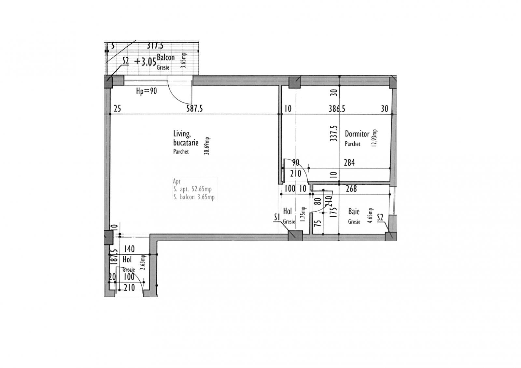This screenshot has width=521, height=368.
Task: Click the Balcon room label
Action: coord(166,58)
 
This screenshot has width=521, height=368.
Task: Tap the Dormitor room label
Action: coord(357,134)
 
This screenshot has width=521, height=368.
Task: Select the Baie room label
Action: coord(354,211)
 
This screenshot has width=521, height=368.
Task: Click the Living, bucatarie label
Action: coord(186,138)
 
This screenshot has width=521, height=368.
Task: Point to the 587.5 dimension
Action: coord(194,108)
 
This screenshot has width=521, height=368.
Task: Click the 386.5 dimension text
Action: coord(336,108)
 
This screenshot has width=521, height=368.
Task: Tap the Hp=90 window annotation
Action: coord(146,91)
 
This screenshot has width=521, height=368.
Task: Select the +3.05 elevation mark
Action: coord(145,62)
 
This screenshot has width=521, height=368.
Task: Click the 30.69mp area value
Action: coord(207,146)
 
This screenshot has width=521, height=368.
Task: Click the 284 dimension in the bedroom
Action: coord(349,162)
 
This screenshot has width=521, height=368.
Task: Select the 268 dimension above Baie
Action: coord(351,189)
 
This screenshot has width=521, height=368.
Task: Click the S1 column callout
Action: coord(277,217)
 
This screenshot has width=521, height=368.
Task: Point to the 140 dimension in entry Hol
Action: coord(129,249)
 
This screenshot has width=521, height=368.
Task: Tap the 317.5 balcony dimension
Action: coord(155,46)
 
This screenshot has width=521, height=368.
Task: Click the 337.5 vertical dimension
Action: coord(333,133)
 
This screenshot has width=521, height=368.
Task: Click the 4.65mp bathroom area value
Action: coord(370,216)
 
